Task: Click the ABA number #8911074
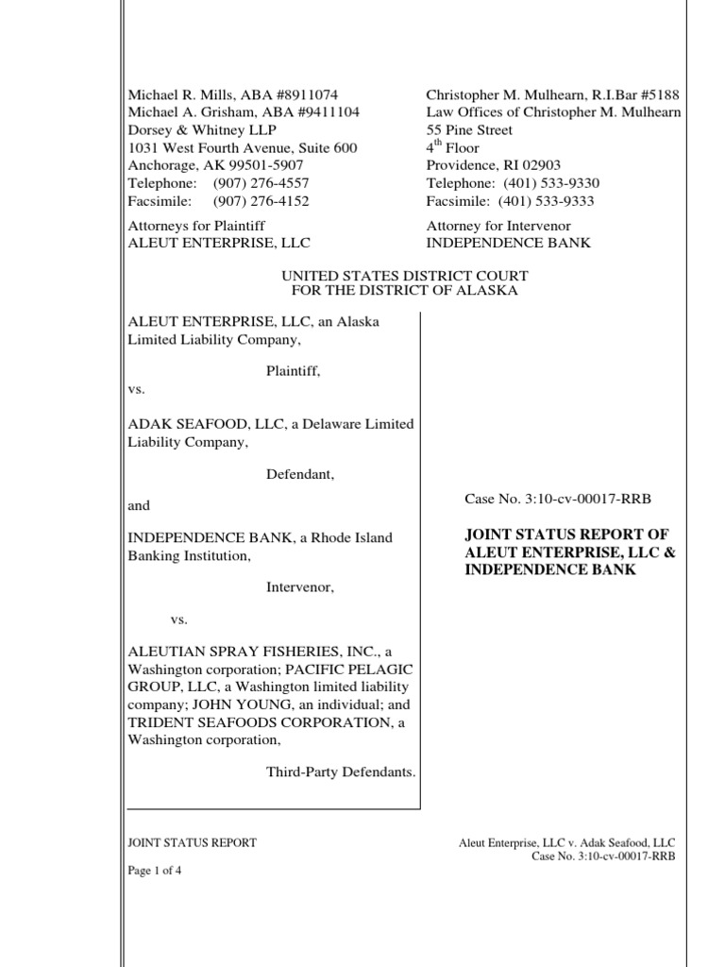coord(300,95)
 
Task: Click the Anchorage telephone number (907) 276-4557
coord(261,183)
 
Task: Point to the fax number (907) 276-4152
coord(261,201)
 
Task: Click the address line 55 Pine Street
coord(469,130)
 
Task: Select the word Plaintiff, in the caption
coord(294,373)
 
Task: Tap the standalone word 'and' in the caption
coord(139,506)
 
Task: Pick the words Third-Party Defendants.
coord(341,772)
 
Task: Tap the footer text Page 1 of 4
coord(155,872)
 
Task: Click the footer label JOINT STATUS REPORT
coord(192,842)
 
